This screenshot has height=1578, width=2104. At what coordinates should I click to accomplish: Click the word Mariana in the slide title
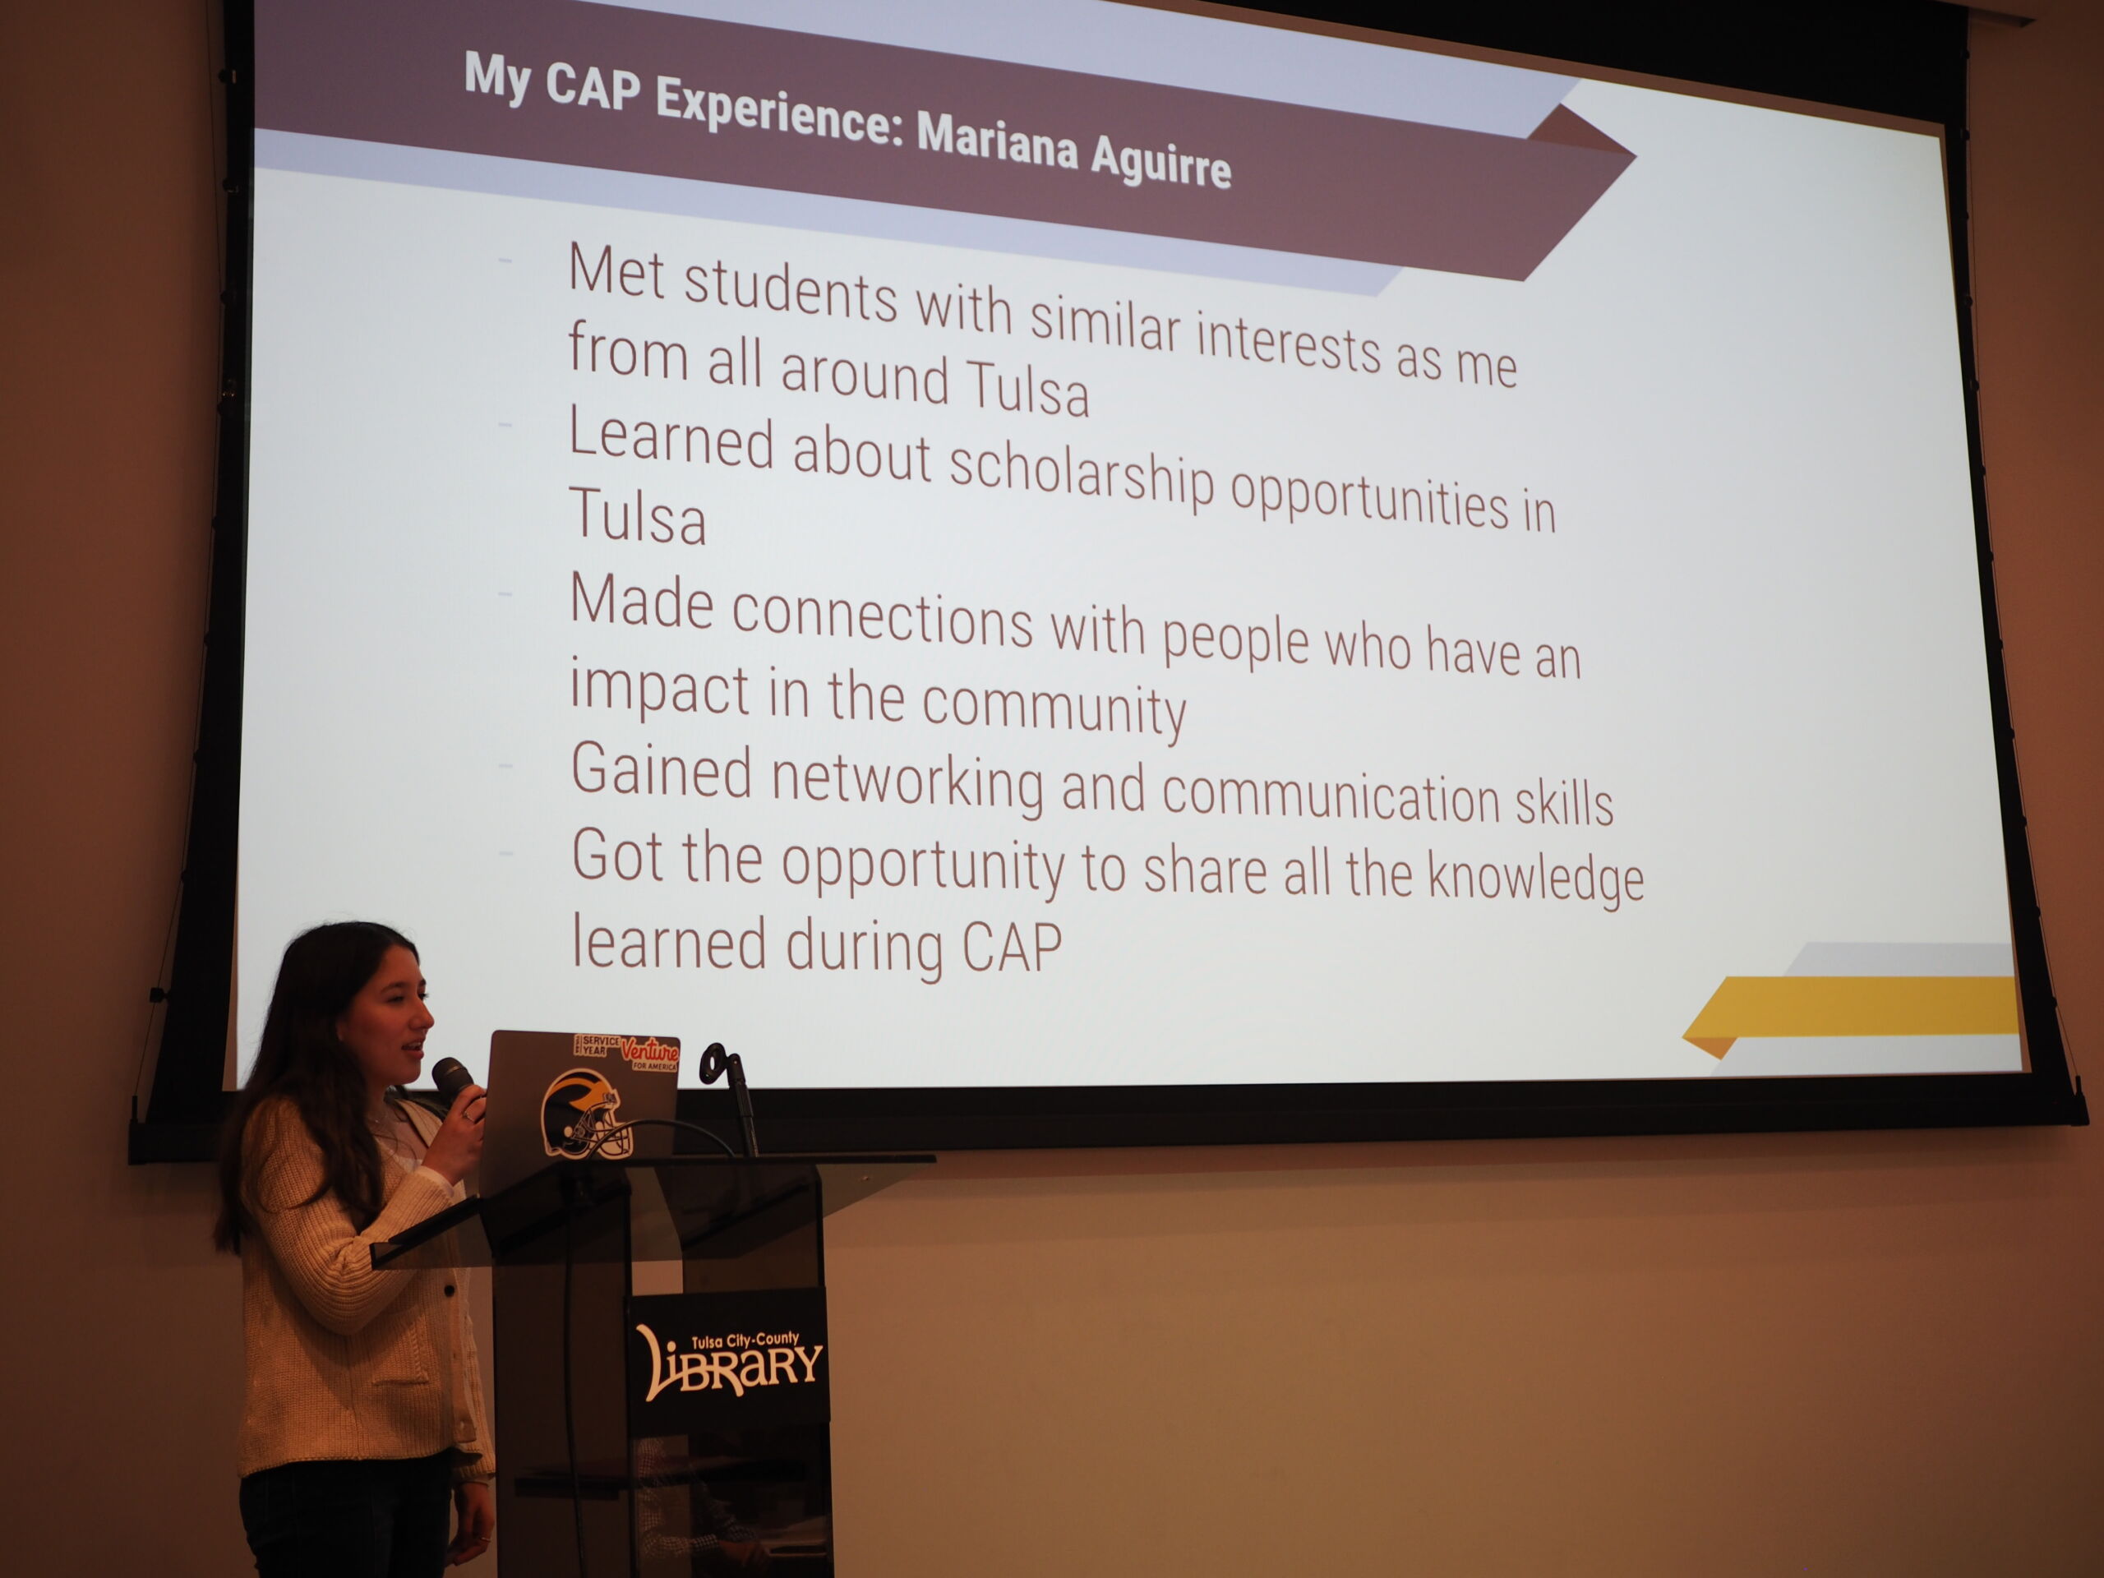tap(997, 143)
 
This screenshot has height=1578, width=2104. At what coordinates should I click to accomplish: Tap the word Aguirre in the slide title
tap(1160, 161)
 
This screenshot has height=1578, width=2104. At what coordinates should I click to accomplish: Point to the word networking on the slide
tap(907, 781)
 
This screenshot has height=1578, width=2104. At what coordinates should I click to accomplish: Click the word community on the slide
tap(1054, 708)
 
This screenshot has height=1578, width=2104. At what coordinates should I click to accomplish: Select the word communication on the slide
tap(1331, 793)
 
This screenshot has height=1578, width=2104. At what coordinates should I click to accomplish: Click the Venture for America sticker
tap(649, 1053)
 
